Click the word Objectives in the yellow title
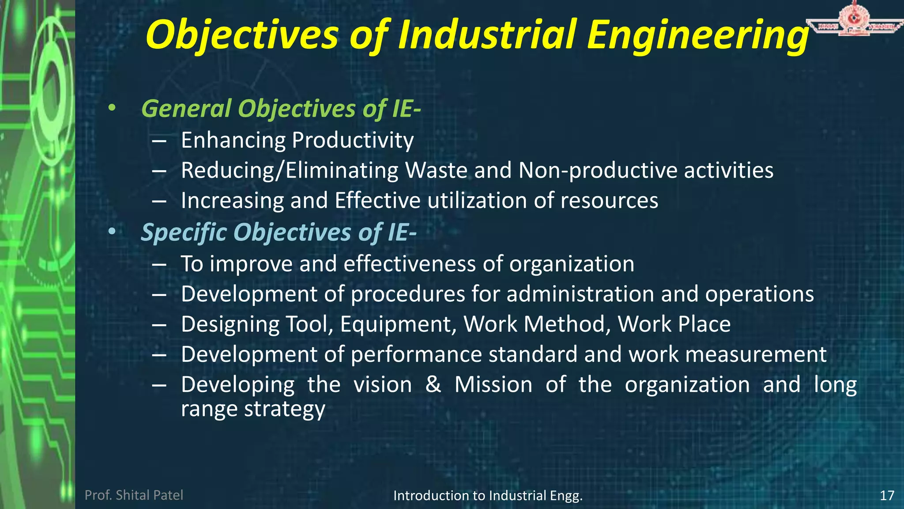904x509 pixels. click(242, 35)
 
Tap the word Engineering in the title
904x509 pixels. click(698, 35)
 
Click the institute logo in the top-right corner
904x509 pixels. click(854, 20)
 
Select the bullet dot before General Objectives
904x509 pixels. click(112, 108)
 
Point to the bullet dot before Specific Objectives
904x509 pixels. click(112, 232)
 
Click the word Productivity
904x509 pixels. click(353, 141)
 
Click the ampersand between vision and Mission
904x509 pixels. click(433, 384)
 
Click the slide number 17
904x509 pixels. click(887, 495)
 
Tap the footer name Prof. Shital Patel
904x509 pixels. click(134, 495)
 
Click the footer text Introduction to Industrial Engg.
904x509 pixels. click(488, 496)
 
